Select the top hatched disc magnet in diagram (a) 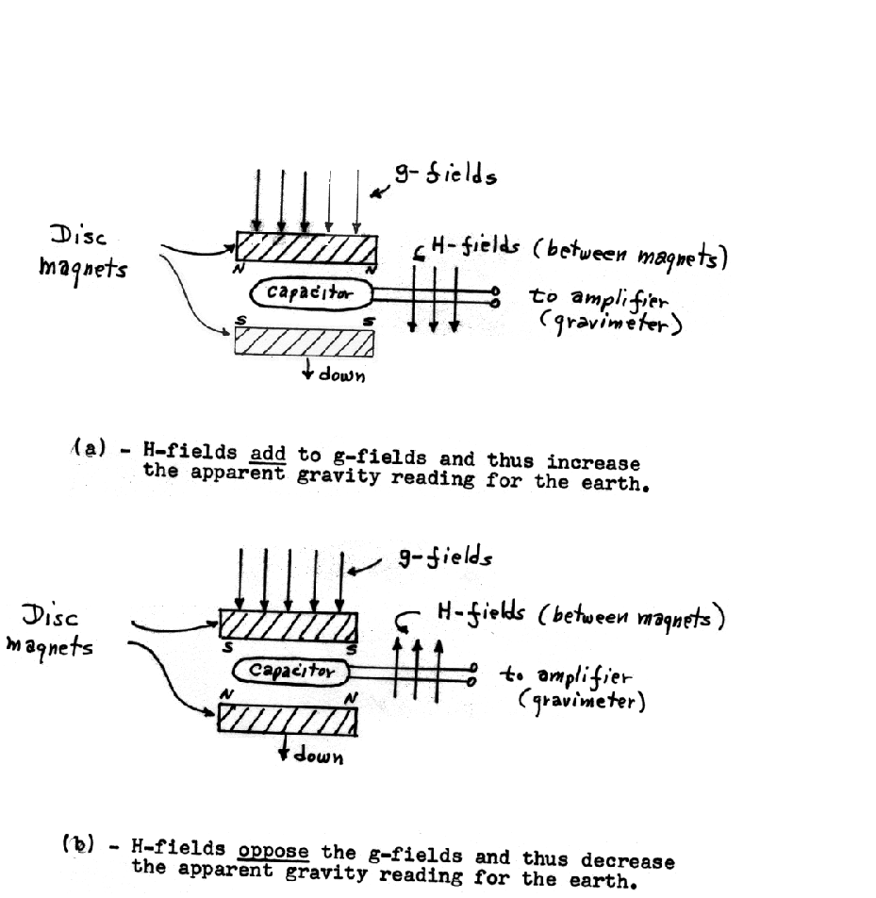tap(306, 250)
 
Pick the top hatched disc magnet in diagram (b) tap(289, 624)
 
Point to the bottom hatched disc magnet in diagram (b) tap(289, 719)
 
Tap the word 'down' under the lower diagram tap(313, 757)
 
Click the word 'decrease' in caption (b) tap(627, 861)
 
